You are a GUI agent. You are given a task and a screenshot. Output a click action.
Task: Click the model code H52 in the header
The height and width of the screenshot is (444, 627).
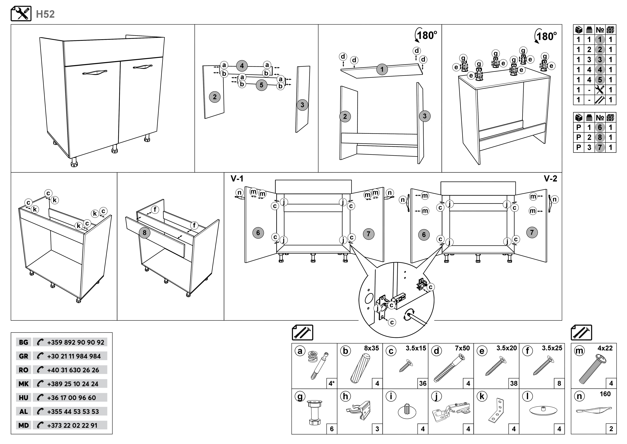45,14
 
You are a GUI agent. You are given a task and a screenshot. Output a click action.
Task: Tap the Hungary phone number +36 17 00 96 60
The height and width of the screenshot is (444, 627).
72,398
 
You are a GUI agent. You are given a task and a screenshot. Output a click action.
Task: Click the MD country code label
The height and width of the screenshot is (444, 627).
23,425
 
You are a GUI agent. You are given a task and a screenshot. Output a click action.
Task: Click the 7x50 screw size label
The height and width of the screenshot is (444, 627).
462,348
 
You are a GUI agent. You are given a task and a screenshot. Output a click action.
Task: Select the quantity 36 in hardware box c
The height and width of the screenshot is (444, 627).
423,383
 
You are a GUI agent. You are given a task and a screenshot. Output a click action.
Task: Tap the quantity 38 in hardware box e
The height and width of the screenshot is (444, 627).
514,383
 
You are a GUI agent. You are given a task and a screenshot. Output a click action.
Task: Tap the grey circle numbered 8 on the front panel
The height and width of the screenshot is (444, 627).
145,233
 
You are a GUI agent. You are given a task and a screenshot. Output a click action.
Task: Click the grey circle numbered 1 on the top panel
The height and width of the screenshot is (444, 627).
382,70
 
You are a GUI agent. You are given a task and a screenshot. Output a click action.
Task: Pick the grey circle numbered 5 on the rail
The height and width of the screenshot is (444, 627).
261,85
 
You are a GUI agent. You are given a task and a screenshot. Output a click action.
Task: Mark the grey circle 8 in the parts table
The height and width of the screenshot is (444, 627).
600,137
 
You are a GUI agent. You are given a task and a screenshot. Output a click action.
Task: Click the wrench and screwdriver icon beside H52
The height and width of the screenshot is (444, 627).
21,14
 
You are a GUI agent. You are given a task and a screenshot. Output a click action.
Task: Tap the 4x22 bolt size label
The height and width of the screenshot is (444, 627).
605,348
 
